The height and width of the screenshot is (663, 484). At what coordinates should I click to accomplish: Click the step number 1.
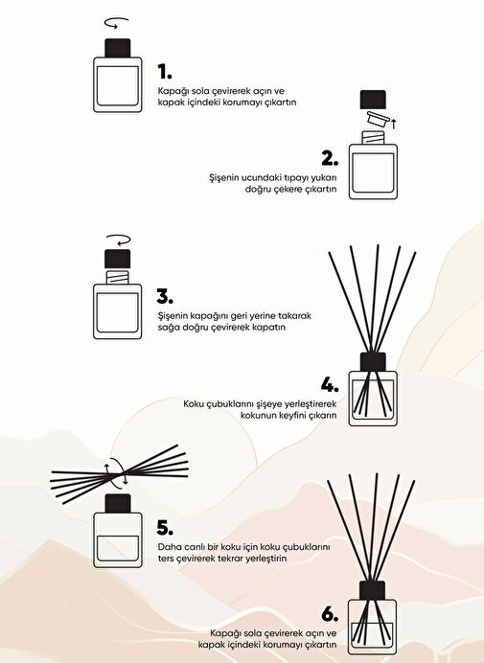164,72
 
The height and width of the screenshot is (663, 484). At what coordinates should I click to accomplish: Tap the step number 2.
330,158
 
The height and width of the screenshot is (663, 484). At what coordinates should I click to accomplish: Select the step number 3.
165,296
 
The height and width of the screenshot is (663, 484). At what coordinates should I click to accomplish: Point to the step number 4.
330,385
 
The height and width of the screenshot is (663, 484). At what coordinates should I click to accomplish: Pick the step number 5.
165,528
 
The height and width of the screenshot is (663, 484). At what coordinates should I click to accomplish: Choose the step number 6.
330,614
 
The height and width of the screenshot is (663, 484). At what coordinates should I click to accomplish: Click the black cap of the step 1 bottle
118,48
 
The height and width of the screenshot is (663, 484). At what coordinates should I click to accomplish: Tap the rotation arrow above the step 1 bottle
116,22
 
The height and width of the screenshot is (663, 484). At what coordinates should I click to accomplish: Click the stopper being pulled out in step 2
378,119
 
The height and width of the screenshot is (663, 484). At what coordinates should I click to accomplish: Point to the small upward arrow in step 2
394,124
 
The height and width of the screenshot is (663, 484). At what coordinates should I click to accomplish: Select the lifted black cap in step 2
373,100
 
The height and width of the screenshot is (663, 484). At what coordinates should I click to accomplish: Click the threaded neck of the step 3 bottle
118,278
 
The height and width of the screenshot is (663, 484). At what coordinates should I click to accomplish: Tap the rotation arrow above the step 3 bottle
119,240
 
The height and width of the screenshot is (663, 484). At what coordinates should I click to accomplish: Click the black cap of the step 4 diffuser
373,362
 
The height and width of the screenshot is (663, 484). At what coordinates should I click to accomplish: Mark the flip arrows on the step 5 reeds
116,471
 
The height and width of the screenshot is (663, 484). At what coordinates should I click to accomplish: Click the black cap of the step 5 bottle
118,504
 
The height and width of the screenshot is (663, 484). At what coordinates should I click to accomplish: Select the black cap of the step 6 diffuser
372,590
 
